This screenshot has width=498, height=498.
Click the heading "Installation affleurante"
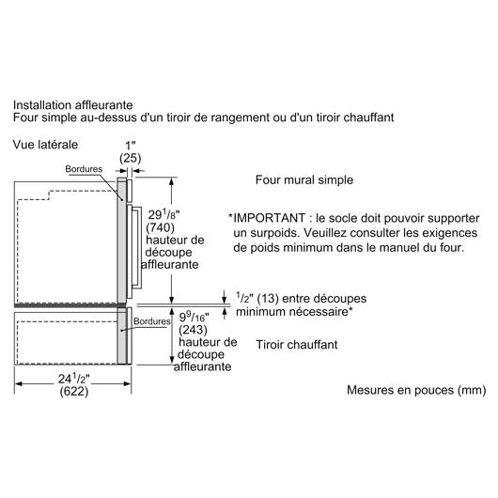point(72,105)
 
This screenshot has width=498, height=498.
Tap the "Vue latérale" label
point(45,145)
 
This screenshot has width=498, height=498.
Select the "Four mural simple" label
point(304,180)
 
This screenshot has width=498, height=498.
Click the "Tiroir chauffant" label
point(297,345)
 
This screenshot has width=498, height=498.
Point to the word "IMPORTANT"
point(270,218)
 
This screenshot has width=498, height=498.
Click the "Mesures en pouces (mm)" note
point(416,390)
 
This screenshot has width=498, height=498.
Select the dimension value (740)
point(160,227)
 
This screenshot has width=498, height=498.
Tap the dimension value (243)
point(193,330)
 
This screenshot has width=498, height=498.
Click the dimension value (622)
point(74,391)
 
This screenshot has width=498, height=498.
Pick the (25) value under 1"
point(131,158)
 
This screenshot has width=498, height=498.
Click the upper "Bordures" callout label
point(84,169)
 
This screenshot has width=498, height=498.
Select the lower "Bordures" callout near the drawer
point(152,321)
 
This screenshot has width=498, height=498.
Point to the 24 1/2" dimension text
point(73,379)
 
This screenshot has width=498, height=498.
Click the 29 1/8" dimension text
point(163,214)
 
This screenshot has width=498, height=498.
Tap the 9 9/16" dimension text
point(195,317)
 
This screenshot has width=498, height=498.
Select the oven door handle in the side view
point(137,248)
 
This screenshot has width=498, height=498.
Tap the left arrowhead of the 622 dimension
point(19,383)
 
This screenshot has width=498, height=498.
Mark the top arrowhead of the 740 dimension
point(172,181)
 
